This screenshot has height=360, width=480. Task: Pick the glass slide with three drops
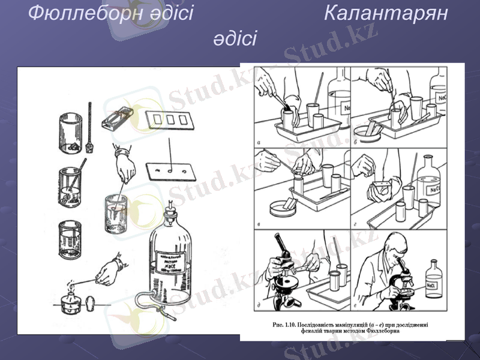click(173, 170)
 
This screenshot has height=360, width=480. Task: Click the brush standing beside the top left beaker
click(89, 129)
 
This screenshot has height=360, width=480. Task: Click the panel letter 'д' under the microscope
click(258, 307)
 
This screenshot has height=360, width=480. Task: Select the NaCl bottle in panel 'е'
click(433, 280)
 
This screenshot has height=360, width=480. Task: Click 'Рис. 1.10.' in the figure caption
click(285, 325)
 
